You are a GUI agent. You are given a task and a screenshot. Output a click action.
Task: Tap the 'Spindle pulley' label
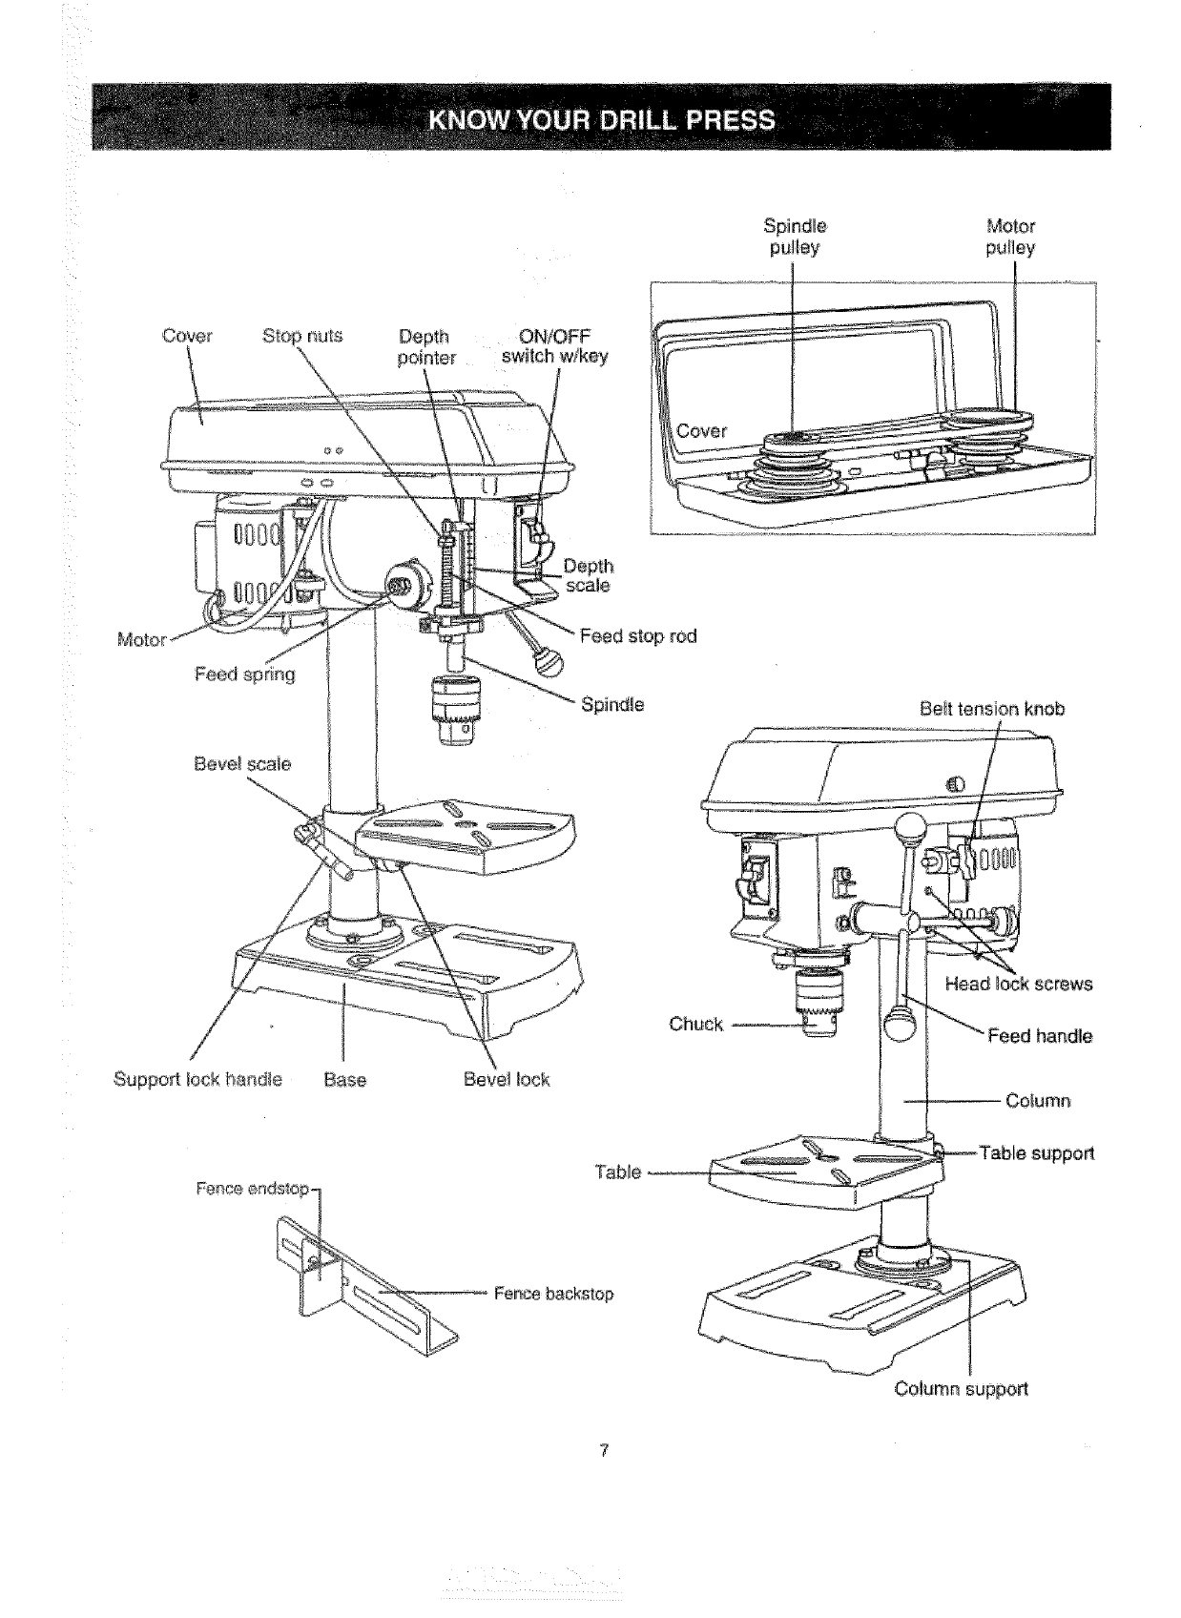[795, 237]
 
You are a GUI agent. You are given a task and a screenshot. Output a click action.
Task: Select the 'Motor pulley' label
[1010, 237]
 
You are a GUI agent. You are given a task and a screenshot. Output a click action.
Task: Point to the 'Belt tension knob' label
[992, 709]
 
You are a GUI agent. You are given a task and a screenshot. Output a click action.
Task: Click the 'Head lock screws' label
[1018, 984]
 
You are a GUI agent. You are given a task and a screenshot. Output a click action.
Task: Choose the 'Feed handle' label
[1040, 1036]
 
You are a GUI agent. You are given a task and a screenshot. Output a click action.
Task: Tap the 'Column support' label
[961, 1388]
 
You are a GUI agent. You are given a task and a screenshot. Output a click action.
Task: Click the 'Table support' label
[1036, 1152]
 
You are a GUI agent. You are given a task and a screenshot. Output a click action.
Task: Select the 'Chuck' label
[695, 1024]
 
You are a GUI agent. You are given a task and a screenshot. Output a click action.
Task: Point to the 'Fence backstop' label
[553, 1294]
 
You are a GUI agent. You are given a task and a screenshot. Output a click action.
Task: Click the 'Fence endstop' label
[252, 1189]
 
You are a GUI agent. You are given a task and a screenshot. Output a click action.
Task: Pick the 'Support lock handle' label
[197, 1079]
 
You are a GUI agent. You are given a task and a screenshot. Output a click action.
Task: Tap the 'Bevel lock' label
[507, 1079]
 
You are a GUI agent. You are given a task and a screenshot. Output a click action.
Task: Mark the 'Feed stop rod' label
[638, 635]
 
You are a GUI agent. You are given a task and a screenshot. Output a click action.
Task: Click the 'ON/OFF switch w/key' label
[554, 346]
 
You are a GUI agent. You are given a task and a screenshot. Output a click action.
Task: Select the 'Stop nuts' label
[301, 336]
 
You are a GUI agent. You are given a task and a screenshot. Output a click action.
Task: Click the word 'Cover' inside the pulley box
[702, 430]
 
